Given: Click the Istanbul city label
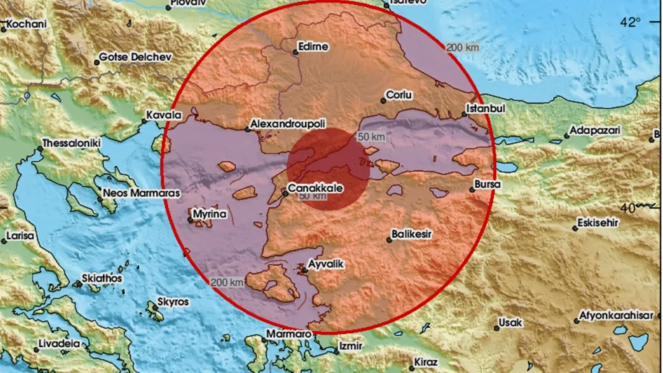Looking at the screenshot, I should click(x=487, y=108).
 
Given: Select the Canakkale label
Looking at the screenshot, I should click(x=314, y=188).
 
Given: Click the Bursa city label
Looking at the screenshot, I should click(x=486, y=185).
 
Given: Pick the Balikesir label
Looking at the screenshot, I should click(x=412, y=234).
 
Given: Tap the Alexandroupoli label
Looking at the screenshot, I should click(x=287, y=123).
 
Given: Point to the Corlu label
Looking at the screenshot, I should click(x=399, y=95).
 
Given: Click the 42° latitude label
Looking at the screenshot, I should click(x=630, y=22).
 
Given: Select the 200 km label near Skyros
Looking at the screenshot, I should click(x=227, y=282).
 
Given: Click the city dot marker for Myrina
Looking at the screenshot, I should click(x=190, y=220).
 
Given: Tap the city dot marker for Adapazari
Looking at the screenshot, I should click(x=565, y=136).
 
